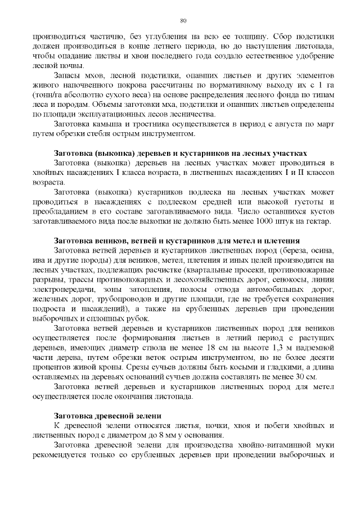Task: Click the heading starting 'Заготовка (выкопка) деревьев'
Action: (x=180, y=153)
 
